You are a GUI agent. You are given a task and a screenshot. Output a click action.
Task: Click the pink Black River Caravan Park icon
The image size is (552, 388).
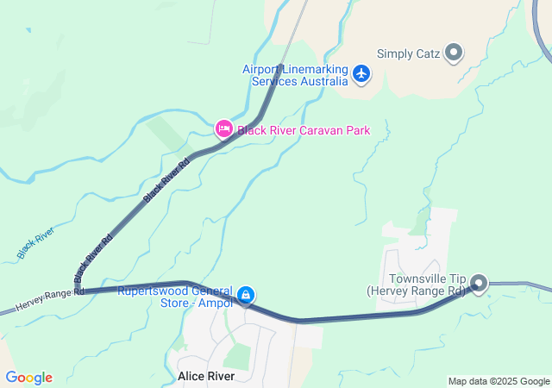click(223, 129)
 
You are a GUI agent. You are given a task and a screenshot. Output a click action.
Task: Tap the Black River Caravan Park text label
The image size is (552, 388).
click(304, 131)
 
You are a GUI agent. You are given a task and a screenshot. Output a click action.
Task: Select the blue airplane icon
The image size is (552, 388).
click(361, 75)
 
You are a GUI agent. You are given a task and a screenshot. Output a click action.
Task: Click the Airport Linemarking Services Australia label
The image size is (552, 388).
click(295, 75)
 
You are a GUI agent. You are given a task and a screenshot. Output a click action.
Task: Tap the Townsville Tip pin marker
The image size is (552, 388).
click(479, 283)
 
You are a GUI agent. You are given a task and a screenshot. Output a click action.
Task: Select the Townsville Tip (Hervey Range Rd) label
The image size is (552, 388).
click(427, 285)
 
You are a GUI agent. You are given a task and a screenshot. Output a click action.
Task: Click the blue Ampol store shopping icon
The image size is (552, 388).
click(246, 296)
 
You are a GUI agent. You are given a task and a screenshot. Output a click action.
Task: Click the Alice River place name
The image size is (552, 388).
click(207, 377)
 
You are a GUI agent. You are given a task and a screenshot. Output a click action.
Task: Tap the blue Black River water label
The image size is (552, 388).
click(35, 243)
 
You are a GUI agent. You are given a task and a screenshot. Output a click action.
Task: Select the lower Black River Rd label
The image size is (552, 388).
click(93, 259)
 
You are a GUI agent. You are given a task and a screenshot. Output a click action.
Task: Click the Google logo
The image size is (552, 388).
click(28, 378)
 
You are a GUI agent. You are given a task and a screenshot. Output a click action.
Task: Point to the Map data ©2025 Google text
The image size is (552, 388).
click(499, 381)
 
